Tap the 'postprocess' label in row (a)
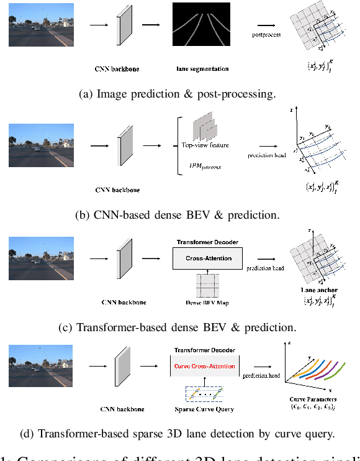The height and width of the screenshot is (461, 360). pos(267,35)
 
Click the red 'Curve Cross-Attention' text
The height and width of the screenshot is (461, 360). pos(204,367)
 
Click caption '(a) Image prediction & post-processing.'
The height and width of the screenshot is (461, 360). pos(178,94)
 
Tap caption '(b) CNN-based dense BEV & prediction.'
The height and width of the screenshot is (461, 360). pos(178,215)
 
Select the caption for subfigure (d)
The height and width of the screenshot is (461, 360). pos(180,434)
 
